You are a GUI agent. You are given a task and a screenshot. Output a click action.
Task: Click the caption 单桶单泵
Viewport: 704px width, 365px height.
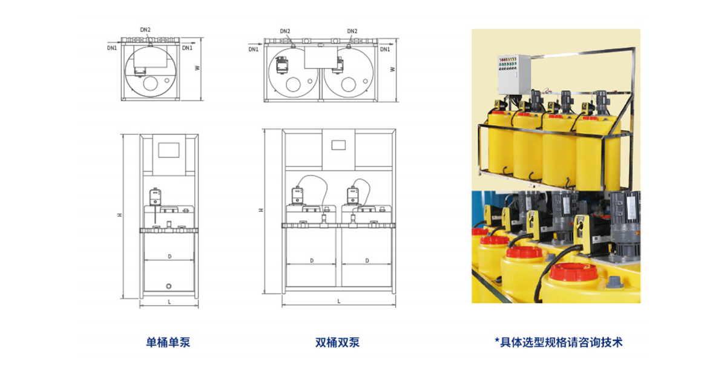(x=168, y=343)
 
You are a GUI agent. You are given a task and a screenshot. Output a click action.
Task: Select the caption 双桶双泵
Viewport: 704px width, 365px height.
(x=338, y=343)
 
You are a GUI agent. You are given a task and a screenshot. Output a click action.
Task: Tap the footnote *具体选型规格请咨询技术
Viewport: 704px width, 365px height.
(x=558, y=343)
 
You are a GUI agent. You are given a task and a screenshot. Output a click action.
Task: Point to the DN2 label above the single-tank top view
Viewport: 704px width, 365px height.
(x=145, y=30)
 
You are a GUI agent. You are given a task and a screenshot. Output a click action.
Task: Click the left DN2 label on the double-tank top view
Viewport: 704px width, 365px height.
(x=285, y=31)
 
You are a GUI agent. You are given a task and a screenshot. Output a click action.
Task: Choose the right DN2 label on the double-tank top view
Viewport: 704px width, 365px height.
(x=352, y=31)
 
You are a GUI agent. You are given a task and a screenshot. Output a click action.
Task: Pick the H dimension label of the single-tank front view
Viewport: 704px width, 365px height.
(x=120, y=215)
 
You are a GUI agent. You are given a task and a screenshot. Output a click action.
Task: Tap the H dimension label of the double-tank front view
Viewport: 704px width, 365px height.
(x=261, y=210)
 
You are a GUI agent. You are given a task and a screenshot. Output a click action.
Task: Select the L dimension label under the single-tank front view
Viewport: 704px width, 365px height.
(x=169, y=301)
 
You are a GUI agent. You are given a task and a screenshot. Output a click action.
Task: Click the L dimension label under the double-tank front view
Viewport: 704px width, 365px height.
(x=339, y=301)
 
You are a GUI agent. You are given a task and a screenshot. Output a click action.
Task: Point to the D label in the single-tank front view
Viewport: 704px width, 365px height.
(x=169, y=257)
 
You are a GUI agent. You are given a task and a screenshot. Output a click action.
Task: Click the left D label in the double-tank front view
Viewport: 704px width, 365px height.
(x=311, y=260)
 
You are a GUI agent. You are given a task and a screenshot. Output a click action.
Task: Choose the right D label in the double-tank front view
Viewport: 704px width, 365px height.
(x=367, y=260)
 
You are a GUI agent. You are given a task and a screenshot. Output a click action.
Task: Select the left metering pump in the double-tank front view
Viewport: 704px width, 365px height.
(x=297, y=195)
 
